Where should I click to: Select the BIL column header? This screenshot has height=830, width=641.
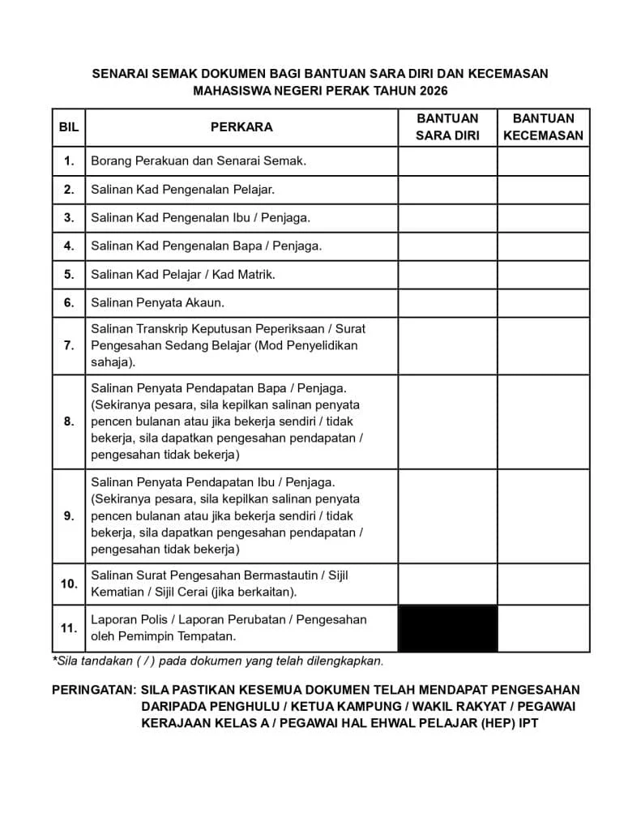pos(69,127)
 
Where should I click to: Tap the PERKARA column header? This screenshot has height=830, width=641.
pos(241,127)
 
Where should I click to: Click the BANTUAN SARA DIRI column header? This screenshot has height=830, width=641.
pos(447,127)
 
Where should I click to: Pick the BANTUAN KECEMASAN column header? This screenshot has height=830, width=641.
pos(543,127)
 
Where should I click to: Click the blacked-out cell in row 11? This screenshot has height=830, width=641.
pos(447,628)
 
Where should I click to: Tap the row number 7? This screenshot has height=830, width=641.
pos(69,345)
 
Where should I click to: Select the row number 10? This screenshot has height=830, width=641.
pos(69,584)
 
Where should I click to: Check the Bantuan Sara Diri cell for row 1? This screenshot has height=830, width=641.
pos(447,160)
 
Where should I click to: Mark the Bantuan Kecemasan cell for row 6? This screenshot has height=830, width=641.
pos(543,302)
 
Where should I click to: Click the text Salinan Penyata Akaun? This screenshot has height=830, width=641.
pos(157,302)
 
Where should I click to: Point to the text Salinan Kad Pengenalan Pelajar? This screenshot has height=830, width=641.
pos(182,190)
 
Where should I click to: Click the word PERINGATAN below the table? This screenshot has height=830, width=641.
pos(92,690)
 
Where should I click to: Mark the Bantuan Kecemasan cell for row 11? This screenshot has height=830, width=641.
pos(543,628)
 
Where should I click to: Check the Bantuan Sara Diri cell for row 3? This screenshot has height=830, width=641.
pos(447,217)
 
